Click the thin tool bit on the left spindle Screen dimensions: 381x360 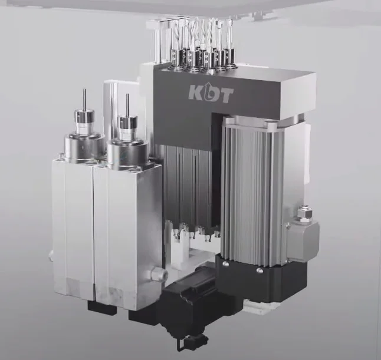(84, 100)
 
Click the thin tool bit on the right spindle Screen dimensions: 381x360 (127, 105)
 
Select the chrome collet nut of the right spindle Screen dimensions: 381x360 (127, 124)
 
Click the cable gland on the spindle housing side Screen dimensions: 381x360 (160, 273)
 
